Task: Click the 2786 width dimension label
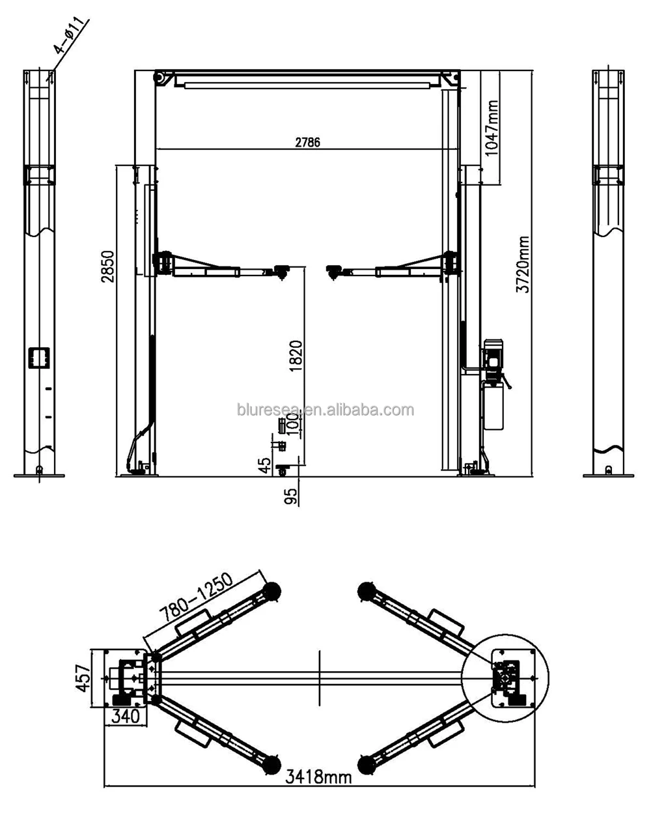click(x=307, y=142)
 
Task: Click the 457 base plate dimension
click(x=83, y=679)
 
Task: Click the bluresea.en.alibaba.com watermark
click(x=325, y=410)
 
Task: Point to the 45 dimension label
click(x=265, y=465)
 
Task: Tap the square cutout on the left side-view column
click(x=38, y=357)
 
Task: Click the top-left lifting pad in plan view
click(x=271, y=590)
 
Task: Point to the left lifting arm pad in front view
click(x=281, y=270)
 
